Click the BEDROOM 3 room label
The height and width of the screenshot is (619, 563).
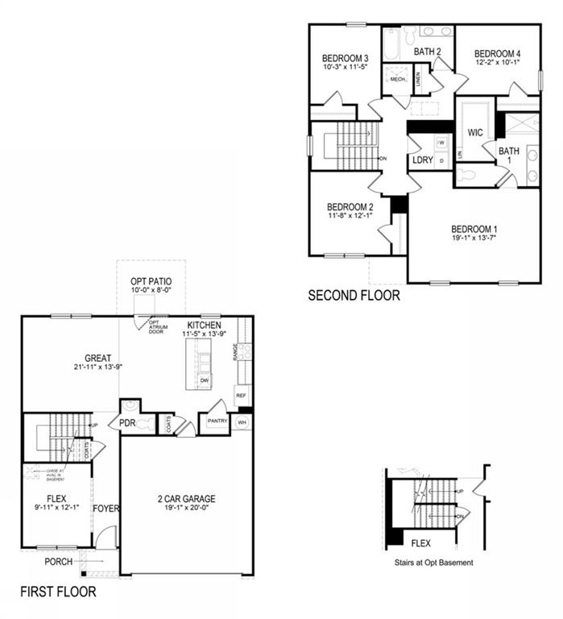point(345,58)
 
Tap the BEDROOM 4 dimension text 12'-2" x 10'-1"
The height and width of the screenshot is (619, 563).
point(496,61)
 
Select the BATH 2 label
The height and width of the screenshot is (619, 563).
point(428,52)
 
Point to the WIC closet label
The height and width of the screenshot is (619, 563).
point(475,132)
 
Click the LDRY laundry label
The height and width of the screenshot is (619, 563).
point(422,160)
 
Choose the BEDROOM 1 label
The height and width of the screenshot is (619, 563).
point(474,227)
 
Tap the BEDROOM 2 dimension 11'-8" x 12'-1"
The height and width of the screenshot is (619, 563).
point(350,216)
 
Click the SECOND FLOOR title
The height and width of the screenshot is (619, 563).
point(354,296)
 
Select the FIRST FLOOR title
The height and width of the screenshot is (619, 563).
point(58,592)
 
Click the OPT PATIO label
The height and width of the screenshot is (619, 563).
point(151,281)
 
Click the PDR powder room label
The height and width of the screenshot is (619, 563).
point(126,422)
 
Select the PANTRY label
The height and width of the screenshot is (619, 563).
point(217,421)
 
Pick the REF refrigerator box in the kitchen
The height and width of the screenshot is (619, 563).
point(240,396)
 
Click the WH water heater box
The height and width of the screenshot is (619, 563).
point(242,422)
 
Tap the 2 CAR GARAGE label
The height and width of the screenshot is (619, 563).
point(187,499)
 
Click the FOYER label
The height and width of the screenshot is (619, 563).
point(106,509)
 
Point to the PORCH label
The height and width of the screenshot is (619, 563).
point(58,562)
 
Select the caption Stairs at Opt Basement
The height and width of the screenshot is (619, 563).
point(433,562)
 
